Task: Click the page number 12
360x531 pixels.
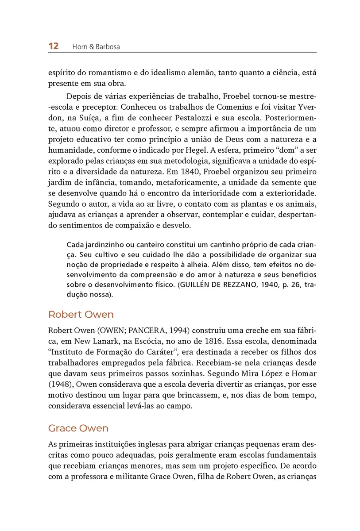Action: (x=53, y=46)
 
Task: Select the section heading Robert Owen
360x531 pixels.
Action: (x=81, y=315)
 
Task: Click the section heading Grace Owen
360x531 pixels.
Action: (x=78, y=428)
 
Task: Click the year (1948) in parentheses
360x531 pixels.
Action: (x=59, y=385)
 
